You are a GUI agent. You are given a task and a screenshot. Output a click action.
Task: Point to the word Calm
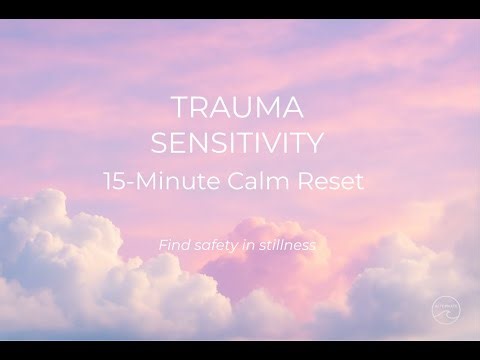pyautogui.click(x=263, y=184)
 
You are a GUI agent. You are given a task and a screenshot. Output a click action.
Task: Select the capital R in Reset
pyautogui.click(x=305, y=184)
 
